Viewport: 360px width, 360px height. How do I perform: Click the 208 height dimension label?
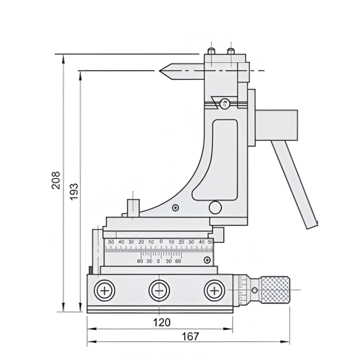pos(56,180)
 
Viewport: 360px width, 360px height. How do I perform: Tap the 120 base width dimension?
pos(162,322)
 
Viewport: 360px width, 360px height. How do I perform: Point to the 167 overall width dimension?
pos(190,336)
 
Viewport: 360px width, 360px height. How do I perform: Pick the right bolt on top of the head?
pos(231,51)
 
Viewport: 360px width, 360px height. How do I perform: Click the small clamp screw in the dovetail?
pos(224,103)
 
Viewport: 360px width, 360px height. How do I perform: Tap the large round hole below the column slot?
pos(215,208)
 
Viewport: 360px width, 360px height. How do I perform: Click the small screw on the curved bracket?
pos(175,208)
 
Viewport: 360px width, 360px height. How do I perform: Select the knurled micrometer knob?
pos(275,290)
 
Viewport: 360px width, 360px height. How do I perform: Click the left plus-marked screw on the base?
pos(105,291)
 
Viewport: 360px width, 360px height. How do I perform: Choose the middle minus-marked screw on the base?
pos(159,291)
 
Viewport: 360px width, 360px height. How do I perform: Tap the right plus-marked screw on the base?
pos(213,291)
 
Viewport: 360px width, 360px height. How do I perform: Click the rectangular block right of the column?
pos(276,125)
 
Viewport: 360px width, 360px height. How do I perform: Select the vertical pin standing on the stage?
pos(133,207)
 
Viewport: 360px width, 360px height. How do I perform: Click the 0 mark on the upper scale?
pos(161,241)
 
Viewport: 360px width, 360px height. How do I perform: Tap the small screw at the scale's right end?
pos(208,259)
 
